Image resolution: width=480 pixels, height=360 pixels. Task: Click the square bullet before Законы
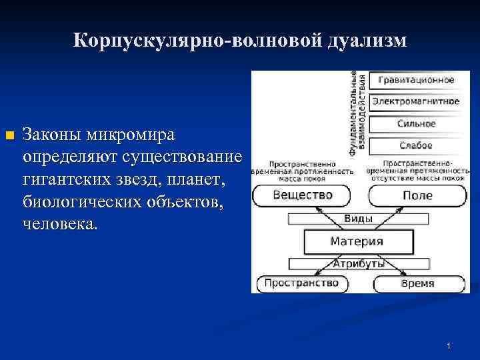(9, 137)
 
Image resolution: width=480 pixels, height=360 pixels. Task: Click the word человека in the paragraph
(59, 224)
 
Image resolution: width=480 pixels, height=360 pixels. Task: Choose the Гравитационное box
(415, 81)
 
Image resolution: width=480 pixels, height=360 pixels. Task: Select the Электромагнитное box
(415, 102)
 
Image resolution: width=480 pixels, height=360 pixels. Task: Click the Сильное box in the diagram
(415, 124)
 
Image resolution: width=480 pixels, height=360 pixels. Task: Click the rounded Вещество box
(302, 195)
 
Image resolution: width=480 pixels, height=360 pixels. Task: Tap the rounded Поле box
(417, 195)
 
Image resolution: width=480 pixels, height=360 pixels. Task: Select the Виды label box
(357, 219)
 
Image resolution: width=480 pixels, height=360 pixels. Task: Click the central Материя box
(357, 241)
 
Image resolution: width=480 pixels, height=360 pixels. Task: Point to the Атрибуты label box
(358, 263)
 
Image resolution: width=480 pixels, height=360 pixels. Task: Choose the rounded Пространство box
(301, 283)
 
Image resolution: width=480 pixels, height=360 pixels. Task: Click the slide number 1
(449, 345)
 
